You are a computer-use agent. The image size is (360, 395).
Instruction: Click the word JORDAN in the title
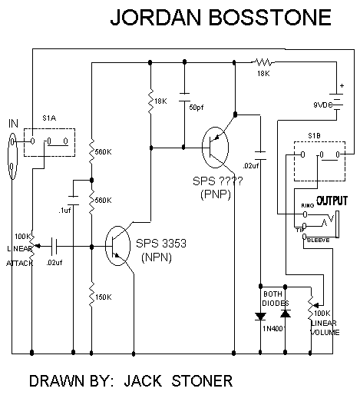click(x=156, y=18)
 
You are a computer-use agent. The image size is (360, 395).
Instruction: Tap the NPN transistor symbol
click(x=117, y=246)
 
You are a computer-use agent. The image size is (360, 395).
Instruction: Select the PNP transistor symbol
click(x=215, y=148)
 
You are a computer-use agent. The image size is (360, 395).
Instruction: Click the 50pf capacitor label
click(x=197, y=108)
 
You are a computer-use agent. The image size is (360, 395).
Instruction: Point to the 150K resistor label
click(x=104, y=297)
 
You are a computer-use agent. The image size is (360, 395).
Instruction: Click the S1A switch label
click(x=49, y=118)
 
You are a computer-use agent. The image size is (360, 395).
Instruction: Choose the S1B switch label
click(x=314, y=135)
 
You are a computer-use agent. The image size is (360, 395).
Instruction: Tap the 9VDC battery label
click(x=323, y=105)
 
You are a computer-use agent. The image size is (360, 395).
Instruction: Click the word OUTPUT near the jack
click(x=332, y=201)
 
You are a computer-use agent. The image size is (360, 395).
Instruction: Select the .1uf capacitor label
click(x=64, y=211)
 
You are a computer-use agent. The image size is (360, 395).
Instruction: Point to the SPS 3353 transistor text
click(x=161, y=244)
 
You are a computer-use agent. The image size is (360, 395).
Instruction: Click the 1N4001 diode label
click(x=273, y=329)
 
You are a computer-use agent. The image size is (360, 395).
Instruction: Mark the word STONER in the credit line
click(x=202, y=380)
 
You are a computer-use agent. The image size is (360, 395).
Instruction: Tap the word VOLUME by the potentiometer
click(x=325, y=332)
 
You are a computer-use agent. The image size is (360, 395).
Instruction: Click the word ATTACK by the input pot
click(x=20, y=263)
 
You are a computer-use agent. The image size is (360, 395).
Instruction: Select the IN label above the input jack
click(x=13, y=124)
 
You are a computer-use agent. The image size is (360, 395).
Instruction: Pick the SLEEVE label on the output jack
click(x=318, y=240)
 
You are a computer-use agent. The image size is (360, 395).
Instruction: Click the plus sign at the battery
click(x=342, y=85)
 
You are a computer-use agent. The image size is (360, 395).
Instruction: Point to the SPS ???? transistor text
click(x=217, y=181)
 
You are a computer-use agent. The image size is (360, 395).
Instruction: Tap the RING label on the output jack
click(x=308, y=205)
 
